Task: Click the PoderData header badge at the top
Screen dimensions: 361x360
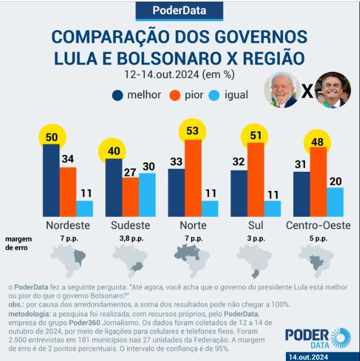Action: (179, 10)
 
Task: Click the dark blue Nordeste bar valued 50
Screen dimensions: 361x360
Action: (51, 180)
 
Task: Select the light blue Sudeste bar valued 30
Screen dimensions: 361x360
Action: (147, 194)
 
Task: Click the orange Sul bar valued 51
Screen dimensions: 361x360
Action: (256, 179)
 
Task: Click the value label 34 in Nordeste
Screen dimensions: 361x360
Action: (68, 159)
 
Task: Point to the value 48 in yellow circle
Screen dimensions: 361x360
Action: (318, 141)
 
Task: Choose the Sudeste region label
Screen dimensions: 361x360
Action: (130, 226)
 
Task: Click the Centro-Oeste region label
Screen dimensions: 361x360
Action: (318, 226)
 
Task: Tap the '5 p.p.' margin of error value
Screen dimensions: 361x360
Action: (318, 239)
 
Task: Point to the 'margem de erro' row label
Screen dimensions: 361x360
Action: (17, 243)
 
